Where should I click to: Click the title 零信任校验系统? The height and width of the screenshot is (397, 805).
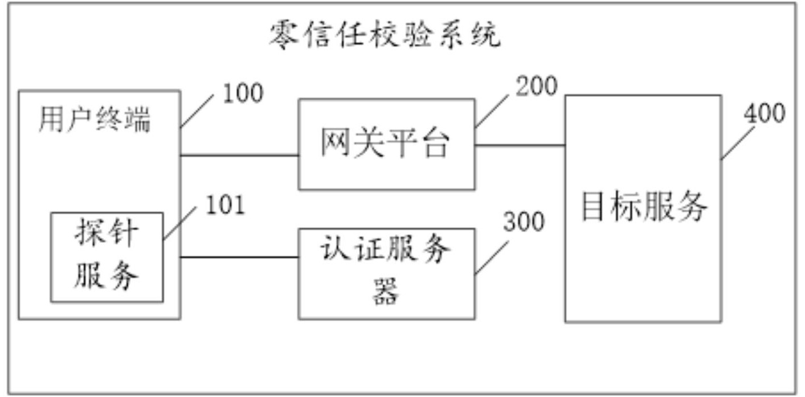coord(385,35)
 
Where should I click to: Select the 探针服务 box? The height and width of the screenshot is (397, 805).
coord(107,257)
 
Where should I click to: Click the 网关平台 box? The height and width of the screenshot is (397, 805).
coord(386,144)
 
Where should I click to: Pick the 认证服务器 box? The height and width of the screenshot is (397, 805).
coord(386,273)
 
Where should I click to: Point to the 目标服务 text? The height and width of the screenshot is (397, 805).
coord(643,207)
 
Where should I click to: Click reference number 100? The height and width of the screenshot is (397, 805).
coord(242,94)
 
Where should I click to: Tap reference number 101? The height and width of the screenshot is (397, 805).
coord(224,206)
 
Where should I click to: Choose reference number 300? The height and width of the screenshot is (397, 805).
coord(523,222)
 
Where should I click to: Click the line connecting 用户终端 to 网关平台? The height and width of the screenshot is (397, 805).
coord(240,155)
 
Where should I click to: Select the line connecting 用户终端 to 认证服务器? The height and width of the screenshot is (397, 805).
coord(240,257)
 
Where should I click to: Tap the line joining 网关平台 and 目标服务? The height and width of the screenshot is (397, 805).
coord(520,145)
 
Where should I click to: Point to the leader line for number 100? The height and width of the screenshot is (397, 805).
coord(198,110)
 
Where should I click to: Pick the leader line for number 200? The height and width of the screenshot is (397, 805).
coord(494,108)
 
